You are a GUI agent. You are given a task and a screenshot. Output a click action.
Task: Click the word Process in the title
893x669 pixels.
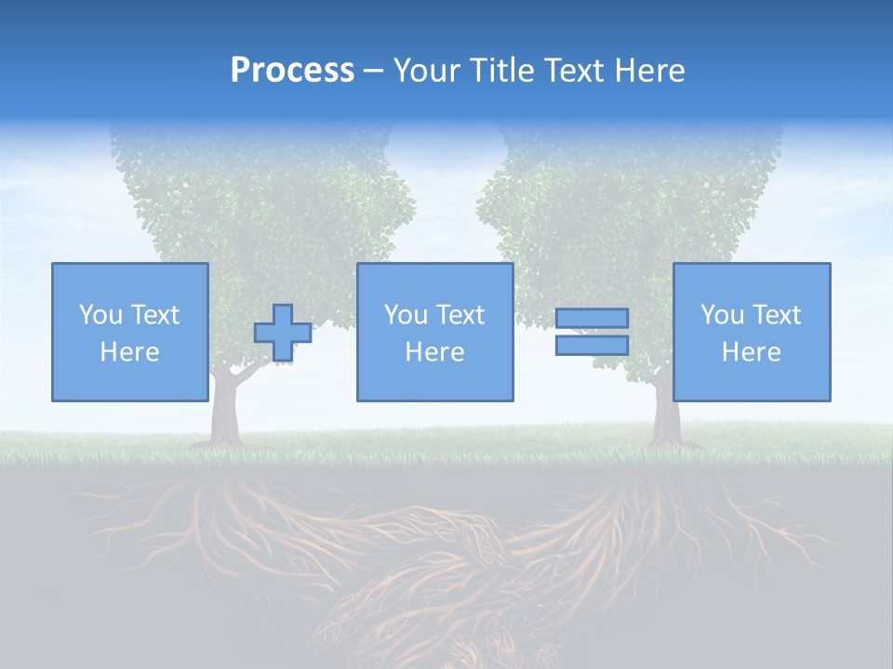pos(292,71)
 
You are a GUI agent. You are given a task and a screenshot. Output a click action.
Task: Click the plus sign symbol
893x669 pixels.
pos(283,333)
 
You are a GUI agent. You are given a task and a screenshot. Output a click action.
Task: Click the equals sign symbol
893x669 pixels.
pos(592,332)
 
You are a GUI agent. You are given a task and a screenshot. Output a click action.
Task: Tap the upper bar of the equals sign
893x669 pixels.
pos(592,319)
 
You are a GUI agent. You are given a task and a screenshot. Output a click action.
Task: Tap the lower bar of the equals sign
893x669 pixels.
pos(592,345)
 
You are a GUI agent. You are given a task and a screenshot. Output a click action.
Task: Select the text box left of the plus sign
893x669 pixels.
pos(130,333)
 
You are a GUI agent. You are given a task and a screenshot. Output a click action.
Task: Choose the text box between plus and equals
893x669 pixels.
pos(435,333)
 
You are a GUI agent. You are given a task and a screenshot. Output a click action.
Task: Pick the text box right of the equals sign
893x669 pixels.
pos(752,333)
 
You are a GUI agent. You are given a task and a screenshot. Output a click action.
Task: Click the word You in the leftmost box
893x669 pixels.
pos(100,315)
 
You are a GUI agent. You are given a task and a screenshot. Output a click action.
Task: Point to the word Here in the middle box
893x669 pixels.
pos(435,352)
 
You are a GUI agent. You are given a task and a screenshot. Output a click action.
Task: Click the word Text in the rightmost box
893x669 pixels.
pos(776,315)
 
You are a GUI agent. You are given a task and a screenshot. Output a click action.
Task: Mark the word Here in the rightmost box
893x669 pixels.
pos(752,352)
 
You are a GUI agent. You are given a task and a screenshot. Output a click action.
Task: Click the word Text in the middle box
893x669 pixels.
pos(460,315)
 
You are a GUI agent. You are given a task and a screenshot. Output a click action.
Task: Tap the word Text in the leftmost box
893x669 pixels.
pos(154,315)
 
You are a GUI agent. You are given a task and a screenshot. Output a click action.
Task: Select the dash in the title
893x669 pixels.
pos(374,71)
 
